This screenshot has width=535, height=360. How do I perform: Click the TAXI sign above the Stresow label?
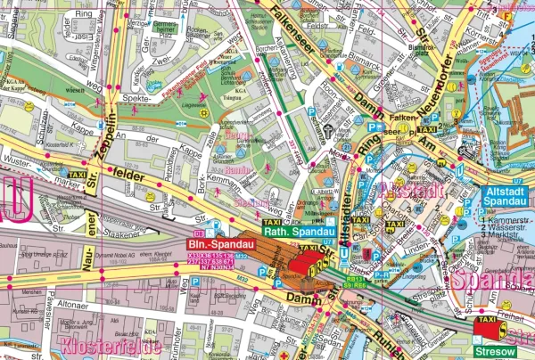point(487,319)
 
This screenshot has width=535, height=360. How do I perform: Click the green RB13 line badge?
point(356,278)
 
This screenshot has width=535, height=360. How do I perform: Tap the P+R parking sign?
point(381,277)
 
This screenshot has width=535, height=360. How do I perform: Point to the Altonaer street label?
point(70,304)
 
